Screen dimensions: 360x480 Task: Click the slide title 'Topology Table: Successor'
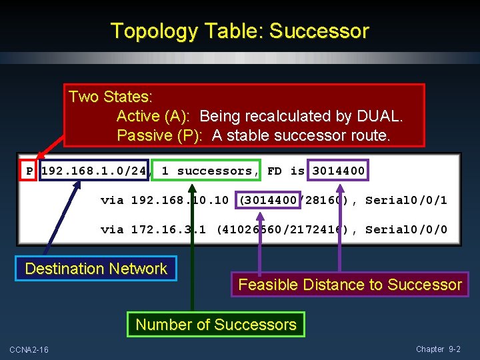tap(239, 31)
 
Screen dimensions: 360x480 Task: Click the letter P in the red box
tap(29, 171)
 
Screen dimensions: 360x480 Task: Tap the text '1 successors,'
tap(207, 171)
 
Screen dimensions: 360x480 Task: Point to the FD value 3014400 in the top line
tap(339, 171)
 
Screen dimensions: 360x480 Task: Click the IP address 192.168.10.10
tap(180, 200)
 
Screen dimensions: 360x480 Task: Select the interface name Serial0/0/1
tap(406, 200)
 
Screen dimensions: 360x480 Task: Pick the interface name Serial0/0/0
tap(406, 229)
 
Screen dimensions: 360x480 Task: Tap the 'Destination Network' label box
tap(96, 269)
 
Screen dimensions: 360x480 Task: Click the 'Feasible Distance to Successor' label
tap(350, 285)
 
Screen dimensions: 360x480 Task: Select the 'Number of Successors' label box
tap(216, 325)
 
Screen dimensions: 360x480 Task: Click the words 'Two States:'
tap(110, 97)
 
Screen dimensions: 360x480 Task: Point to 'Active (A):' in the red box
tap(154, 116)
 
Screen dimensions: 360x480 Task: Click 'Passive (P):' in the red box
tap(159, 135)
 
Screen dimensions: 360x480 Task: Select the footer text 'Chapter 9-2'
tap(438, 349)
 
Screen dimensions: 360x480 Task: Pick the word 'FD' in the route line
tap(275, 171)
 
